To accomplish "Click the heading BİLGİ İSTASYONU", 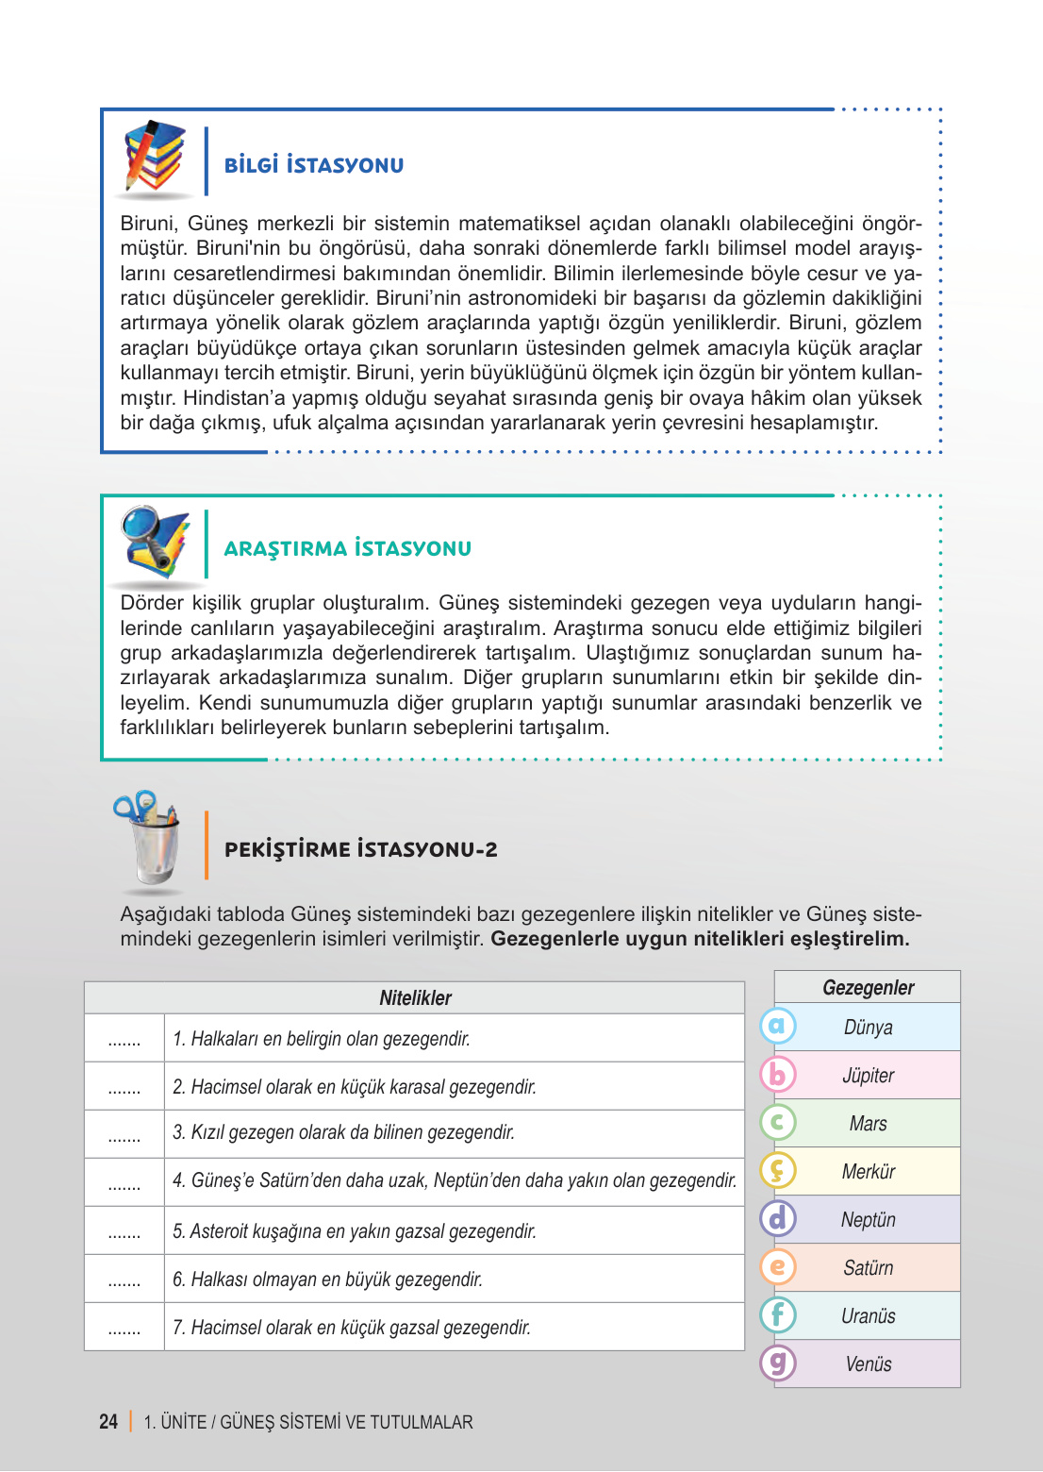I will point(314,165).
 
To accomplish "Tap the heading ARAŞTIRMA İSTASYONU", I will point(347,548).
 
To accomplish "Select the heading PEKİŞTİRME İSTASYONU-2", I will point(360,849).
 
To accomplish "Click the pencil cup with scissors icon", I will point(149,837).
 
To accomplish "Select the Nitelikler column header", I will point(415,997).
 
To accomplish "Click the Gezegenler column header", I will point(868,987).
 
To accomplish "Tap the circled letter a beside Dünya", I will point(778,1026).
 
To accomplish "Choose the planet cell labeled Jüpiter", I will point(868,1075).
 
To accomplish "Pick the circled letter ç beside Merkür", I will point(778,1171).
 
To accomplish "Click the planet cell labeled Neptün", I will point(868,1219).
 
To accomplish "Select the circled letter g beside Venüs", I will point(778,1363).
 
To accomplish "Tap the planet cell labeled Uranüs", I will point(868,1315).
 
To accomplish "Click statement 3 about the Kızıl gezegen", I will point(343,1132).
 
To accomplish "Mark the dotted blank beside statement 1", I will point(124,1042).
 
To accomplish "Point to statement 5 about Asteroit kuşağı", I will point(354,1230).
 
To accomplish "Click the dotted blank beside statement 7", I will point(124,1330).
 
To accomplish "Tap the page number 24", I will point(108,1421).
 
